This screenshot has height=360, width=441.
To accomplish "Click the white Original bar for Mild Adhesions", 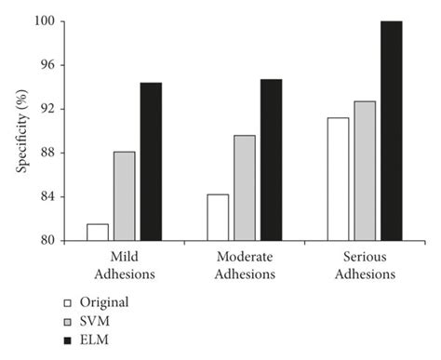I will coord(98,233).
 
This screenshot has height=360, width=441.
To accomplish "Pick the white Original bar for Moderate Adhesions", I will coord(218,218).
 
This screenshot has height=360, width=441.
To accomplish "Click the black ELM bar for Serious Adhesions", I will coord(391,131).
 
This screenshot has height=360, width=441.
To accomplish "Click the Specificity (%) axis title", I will coord(21,130).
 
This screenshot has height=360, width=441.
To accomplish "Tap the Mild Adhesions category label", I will coord(124,265).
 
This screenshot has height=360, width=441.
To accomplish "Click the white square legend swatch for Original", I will coord(66,302).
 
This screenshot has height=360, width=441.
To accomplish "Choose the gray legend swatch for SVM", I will coord(66,322).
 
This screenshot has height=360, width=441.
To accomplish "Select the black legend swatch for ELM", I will coord(66,341).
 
